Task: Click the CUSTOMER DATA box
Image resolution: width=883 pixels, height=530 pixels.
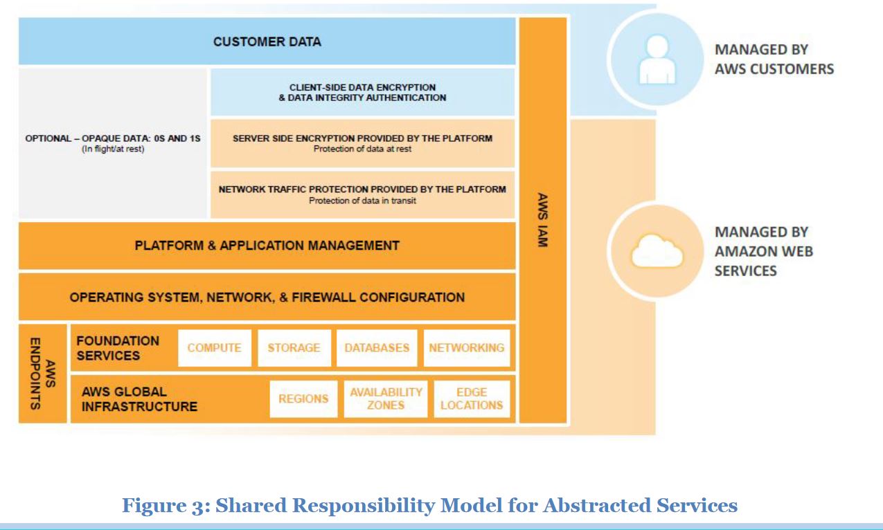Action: tap(267, 42)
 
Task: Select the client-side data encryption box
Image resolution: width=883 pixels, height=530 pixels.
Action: tap(362, 92)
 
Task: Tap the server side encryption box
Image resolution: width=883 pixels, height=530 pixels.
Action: tap(362, 143)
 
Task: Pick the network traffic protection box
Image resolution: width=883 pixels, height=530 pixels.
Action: tap(362, 194)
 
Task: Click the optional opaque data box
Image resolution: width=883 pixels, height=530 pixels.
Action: tap(113, 143)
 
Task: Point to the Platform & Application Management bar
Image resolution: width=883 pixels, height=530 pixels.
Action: tap(267, 246)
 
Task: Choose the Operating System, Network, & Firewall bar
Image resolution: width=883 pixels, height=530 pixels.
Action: tap(267, 298)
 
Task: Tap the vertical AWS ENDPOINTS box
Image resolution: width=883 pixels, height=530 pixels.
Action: tap(42, 374)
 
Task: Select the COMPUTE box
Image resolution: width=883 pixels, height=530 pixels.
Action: tap(214, 348)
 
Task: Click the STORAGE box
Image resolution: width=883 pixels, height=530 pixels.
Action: tap(294, 348)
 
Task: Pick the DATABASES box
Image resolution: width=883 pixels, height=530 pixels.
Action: tap(377, 348)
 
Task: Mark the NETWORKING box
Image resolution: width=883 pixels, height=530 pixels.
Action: tap(467, 348)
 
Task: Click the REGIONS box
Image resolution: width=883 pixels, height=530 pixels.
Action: tap(303, 399)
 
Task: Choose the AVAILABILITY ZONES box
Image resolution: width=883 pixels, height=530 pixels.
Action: tap(386, 399)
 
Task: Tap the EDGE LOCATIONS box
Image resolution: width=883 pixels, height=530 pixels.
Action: tap(472, 399)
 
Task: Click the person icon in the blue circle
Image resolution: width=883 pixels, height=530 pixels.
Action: tap(656, 60)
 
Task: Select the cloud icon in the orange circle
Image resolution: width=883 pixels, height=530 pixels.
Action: tap(656, 250)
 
